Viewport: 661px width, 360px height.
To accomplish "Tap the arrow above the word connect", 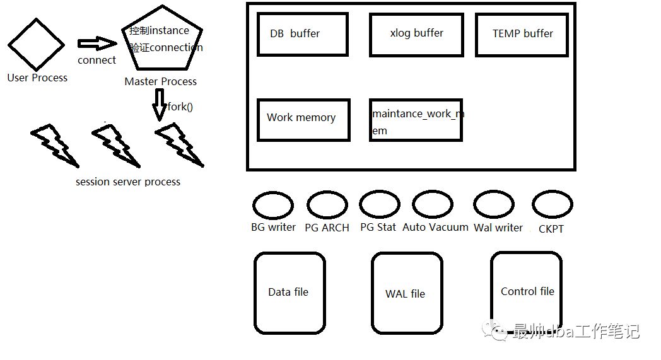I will [97, 44].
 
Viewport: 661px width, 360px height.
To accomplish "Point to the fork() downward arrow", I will [159, 103].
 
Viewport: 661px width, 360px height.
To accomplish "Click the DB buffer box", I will [303, 34].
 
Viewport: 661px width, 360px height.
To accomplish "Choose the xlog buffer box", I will [416, 33].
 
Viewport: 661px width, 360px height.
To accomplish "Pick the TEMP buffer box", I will [522, 34].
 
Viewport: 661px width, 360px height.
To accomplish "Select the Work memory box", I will [303, 120].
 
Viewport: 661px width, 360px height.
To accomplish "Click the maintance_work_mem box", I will [416, 120].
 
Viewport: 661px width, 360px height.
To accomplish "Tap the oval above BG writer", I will [273, 206].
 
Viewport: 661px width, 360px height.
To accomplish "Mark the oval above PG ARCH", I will [327, 206].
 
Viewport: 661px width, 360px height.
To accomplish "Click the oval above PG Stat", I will [380, 205].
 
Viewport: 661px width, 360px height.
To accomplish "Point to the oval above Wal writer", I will [494, 205].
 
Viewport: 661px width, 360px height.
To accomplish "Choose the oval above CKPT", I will [552, 205].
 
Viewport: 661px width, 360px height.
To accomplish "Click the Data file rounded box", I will [290, 293].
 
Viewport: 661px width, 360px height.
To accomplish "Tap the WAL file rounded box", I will [407, 293].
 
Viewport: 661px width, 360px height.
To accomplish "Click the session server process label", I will [128, 182].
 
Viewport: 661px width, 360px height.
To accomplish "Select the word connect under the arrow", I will [97, 61].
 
